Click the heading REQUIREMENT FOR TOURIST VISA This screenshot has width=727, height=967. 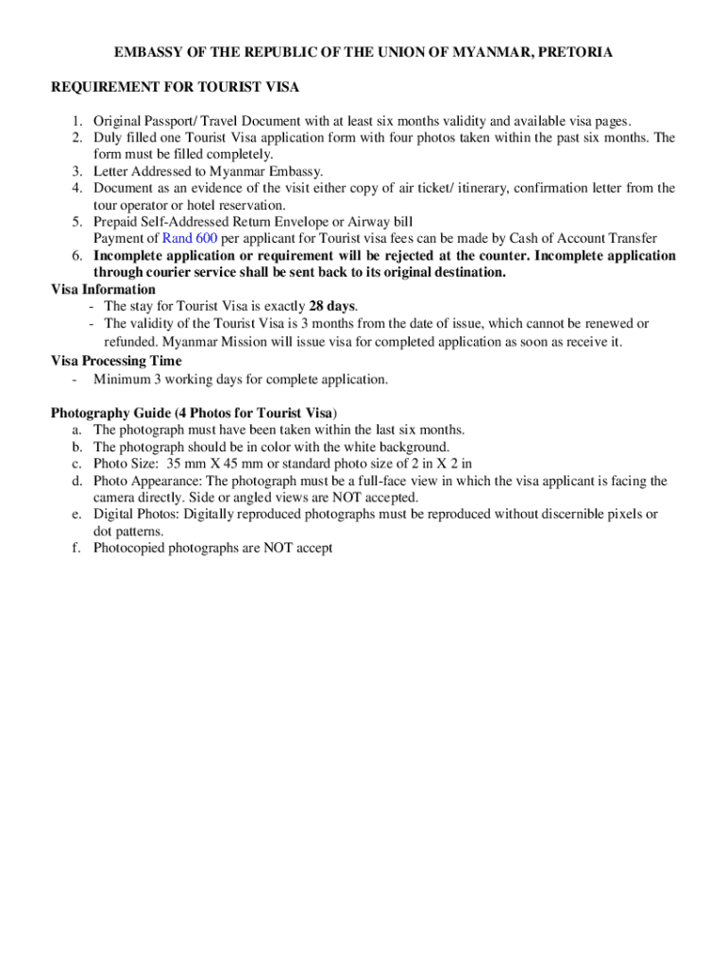(x=175, y=87)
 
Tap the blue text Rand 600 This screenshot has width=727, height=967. (x=190, y=239)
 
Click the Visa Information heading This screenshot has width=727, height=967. (x=103, y=290)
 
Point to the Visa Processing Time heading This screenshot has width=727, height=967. (x=116, y=361)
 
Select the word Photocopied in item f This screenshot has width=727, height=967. (x=129, y=548)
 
